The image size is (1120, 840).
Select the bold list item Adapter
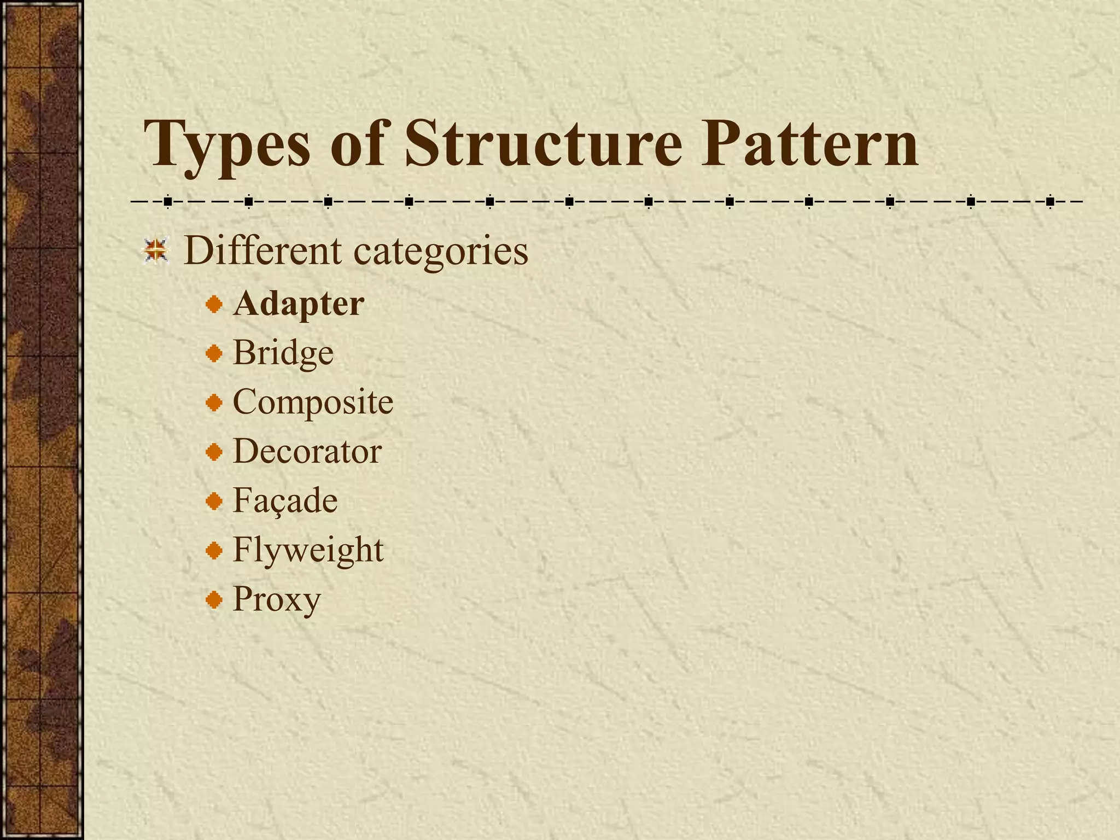pos(299,304)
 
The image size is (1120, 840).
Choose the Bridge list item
pos(283,353)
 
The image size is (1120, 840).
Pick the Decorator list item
pos(307,452)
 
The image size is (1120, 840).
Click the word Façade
pos(285,501)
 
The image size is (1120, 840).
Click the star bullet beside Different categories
pos(156,251)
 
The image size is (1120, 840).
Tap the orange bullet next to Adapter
pos(214,305)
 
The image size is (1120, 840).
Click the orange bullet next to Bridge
pos(214,354)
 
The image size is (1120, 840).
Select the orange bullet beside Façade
pos(214,501)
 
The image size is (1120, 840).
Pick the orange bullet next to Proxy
pos(214,600)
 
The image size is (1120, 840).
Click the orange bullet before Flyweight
pos(214,551)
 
